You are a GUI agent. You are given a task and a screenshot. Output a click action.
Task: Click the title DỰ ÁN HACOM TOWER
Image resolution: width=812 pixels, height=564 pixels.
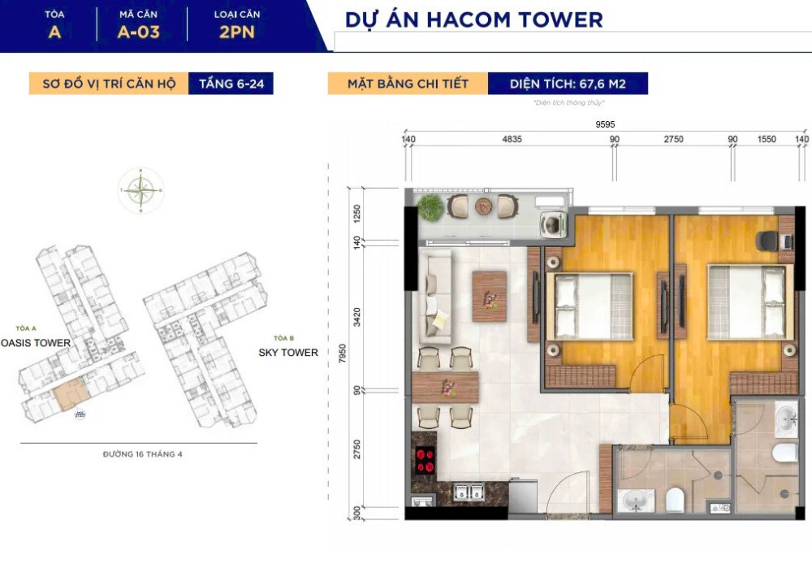click(473, 20)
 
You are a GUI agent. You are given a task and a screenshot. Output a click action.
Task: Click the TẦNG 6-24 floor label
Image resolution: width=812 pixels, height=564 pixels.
click(231, 83)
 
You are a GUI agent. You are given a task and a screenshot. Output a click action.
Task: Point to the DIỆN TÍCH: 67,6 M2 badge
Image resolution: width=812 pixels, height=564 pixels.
click(568, 83)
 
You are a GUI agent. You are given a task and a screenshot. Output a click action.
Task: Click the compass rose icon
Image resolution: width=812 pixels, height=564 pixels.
click(140, 191)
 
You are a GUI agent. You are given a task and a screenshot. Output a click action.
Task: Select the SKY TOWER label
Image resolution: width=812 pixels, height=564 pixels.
click(288, 353)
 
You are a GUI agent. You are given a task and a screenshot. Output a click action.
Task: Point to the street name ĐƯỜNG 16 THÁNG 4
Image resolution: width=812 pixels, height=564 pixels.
click(143, 454)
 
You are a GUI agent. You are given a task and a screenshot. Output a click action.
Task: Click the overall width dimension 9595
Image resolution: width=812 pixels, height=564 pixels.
click(605, 124)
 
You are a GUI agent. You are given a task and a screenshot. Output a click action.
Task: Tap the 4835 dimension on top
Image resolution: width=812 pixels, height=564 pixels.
click(512, 140)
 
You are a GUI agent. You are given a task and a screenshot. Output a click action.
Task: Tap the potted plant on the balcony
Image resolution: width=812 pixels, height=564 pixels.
click(430, 207)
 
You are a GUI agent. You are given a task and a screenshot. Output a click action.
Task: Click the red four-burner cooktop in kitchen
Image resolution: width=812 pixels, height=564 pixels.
click(424, 461)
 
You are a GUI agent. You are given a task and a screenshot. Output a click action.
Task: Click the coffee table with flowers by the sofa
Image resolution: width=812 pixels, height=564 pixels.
click(489, 296)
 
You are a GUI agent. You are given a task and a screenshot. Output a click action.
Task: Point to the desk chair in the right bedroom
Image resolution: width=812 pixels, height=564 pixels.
click(765, 241)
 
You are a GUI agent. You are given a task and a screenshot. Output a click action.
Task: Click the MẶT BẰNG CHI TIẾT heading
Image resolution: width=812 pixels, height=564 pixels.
click(408, 83)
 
